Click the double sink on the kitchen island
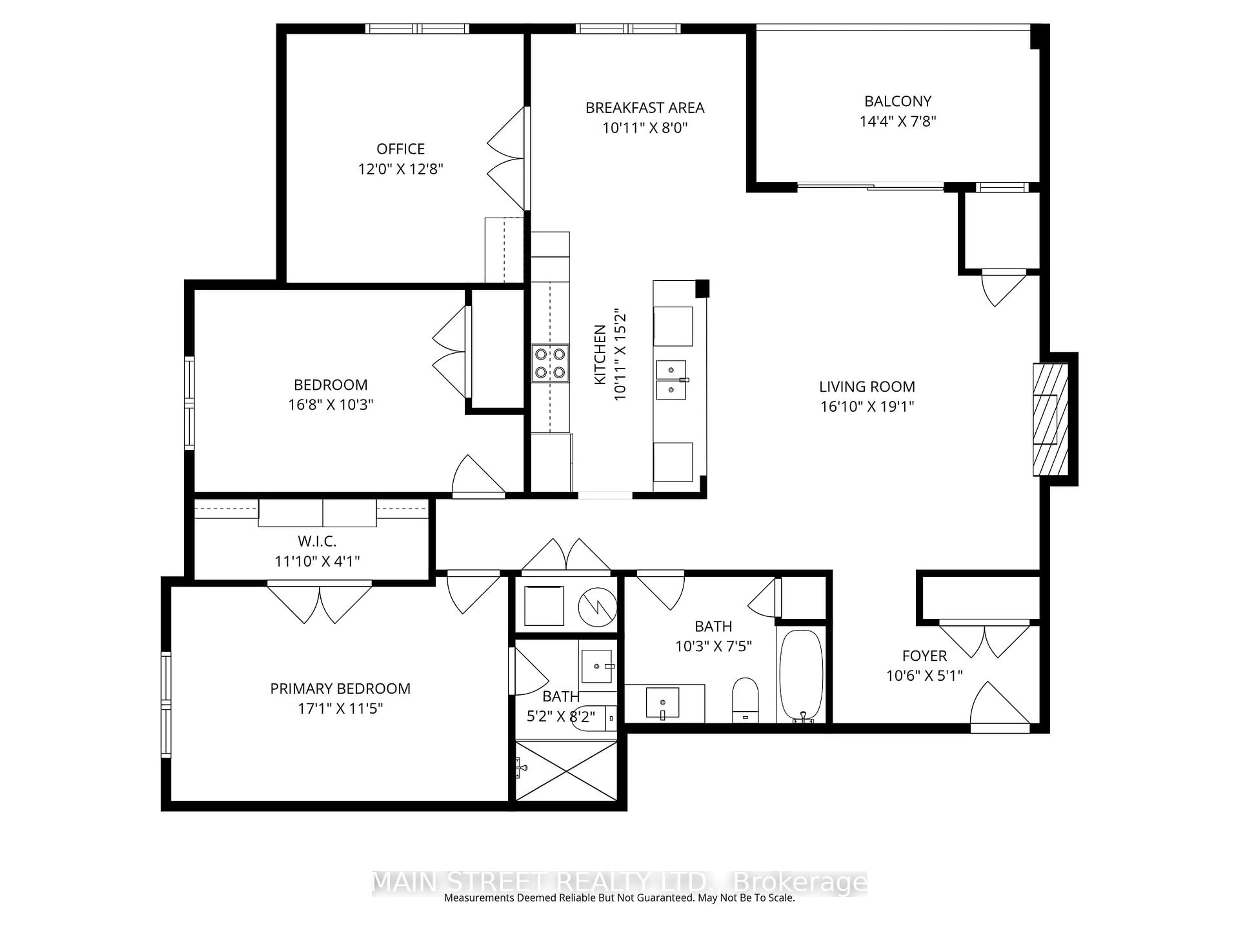[671, 380]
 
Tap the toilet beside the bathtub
[745, 700]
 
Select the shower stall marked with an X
[566, 771]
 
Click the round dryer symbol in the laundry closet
[598, 607]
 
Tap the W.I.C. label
[317, 542]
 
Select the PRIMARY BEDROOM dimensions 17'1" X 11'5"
[340, 708]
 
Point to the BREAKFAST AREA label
[645, 108]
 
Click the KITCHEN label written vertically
[600, 355]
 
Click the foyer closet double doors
[984, 640]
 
